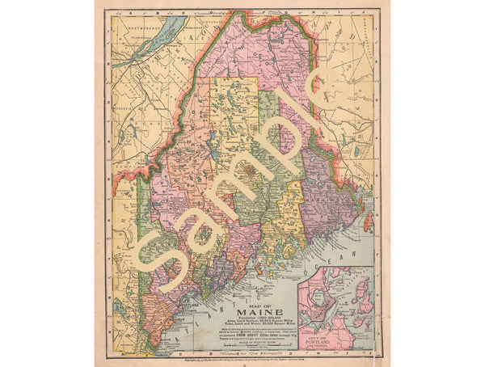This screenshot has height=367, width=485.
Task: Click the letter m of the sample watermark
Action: pos(230,202)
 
